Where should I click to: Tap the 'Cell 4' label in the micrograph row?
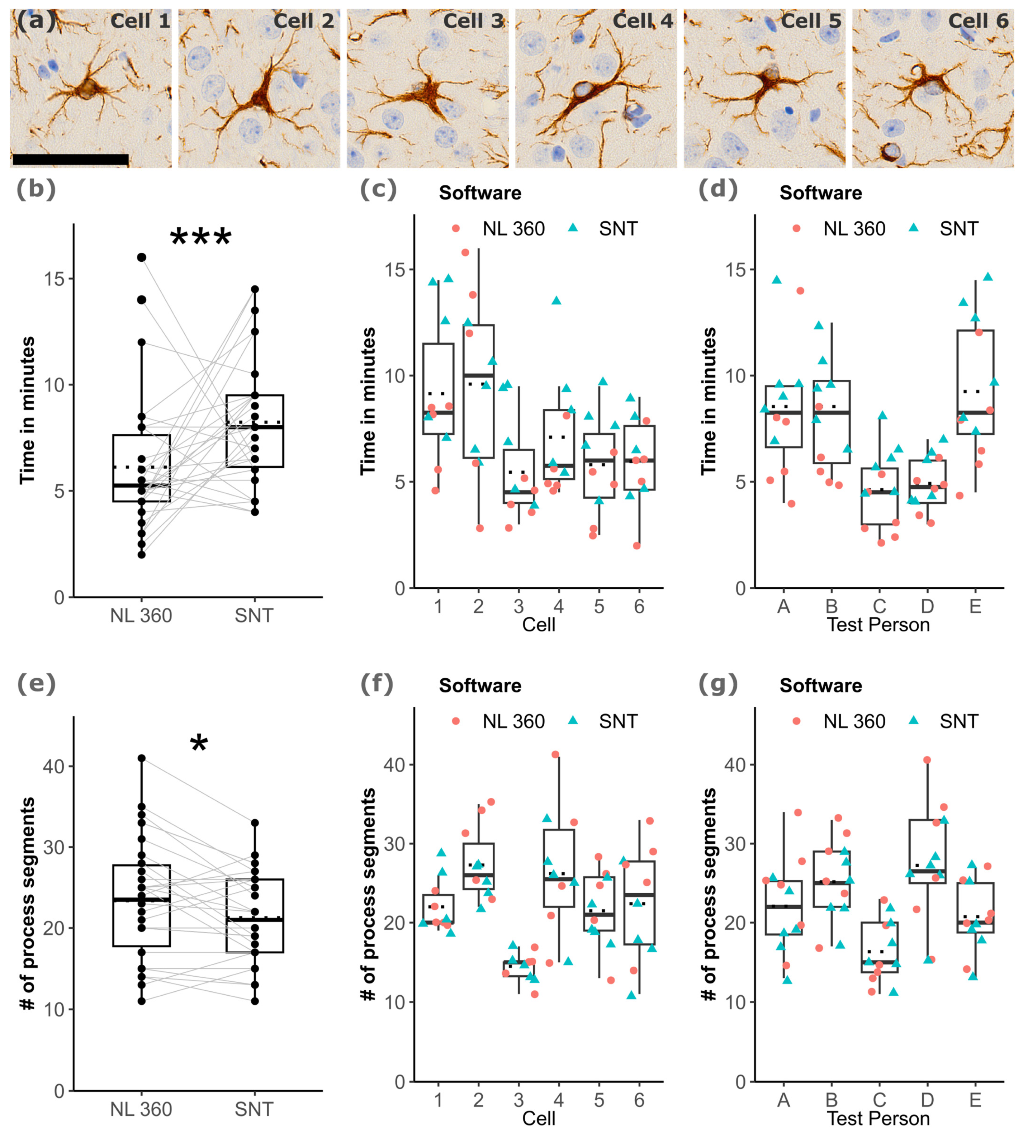643,21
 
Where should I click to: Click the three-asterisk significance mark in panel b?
201,237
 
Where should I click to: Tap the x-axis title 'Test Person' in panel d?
878,625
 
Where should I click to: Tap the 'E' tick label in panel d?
975,606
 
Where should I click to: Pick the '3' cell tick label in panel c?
518,606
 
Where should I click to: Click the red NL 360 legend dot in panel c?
456,228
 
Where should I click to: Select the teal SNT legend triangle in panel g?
914,720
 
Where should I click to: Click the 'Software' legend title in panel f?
480,686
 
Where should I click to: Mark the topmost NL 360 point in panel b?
142,257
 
